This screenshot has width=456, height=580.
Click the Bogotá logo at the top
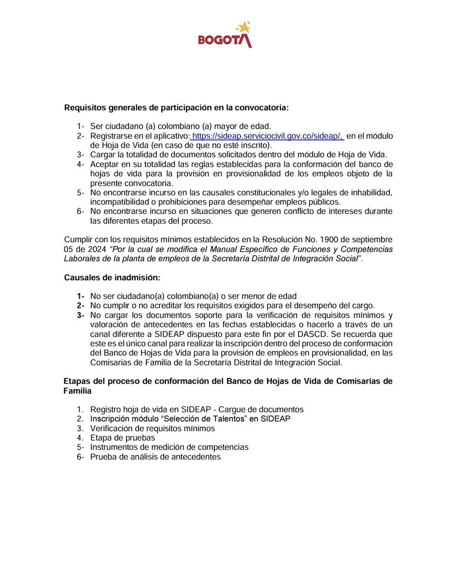pyautogui.click(x=225, y=35)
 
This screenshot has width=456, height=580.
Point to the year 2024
pyautogui.click(x=96, y=249)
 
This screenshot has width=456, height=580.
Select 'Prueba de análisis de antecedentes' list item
pyautogui.click(x=155, y=457)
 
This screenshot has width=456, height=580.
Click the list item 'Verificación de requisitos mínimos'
pyautogui.click(x=152, y=428)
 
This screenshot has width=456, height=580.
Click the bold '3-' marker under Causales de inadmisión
pyautogui.click(x=80, y=315)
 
